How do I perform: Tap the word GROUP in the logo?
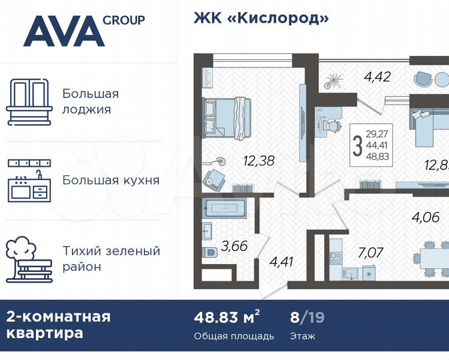coord(123,20)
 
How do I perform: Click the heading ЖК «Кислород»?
coord(261,18)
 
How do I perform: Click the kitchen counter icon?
coord(29,181)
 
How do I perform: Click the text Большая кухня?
coord(111,180)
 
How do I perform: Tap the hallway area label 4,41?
coord(281,261)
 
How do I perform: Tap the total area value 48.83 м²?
coord(227,317)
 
